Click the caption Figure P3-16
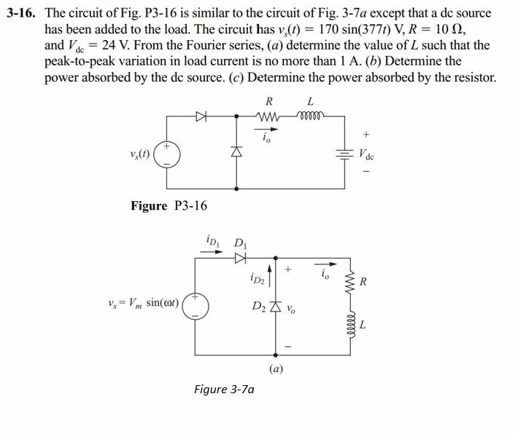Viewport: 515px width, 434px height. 169,206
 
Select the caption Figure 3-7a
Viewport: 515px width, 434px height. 224,389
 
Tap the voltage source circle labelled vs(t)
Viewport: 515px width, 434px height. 166,154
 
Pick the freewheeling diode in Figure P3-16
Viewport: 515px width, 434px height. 236,153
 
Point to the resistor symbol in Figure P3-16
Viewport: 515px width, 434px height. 268,115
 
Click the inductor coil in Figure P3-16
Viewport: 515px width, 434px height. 311,115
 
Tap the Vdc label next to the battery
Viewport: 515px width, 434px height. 366,155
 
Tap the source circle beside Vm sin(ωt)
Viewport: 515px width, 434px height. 195,305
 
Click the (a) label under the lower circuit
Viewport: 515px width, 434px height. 276,368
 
